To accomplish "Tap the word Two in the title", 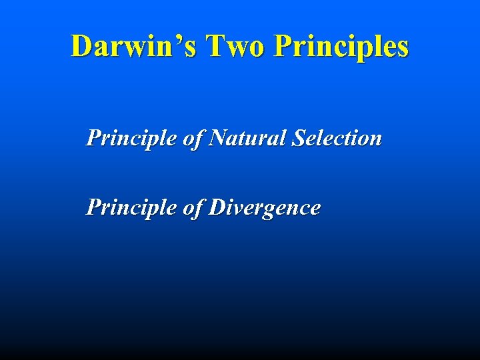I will tap(237, 47).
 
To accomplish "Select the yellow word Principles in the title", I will tap(341, 47).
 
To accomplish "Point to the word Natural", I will tap(247, 138).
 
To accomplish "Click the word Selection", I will tap(336, 138).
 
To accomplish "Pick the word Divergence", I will tap(265, 208).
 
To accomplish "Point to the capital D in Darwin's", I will tap(82, 47).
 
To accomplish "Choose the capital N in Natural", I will tap(218, 138).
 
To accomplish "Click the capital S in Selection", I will tap(297, 138).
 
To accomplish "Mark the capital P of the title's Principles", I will tap(283, 47).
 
